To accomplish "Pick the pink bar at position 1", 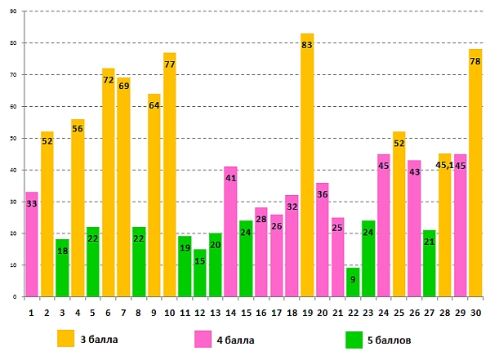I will [32, 245].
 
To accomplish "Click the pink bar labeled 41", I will [230, 233].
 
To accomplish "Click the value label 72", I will [108, 81].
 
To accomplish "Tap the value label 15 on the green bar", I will [200, 261].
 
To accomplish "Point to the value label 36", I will [322, 195].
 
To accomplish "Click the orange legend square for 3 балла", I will [66, 337].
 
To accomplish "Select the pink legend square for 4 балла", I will [203, 337].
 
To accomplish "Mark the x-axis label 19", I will [307, 311].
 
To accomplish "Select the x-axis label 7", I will [123, 311].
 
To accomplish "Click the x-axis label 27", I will [430, 311].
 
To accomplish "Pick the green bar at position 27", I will [430, 264].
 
